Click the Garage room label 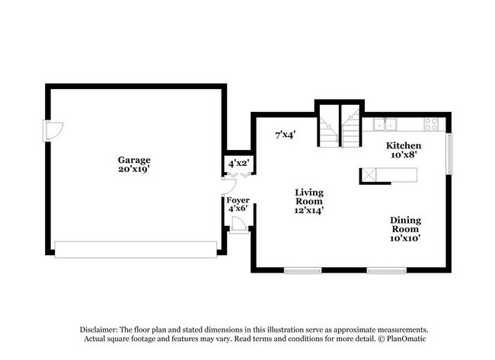click(133, 160)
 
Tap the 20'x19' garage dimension click(133, 170)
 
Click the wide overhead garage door click(136, 249)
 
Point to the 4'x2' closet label click(238, 163)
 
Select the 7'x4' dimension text click(286, 135)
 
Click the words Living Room click(310, 196)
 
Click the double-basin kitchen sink click(385, 125)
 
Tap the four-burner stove click(431, 125)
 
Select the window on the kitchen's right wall click(449, 153)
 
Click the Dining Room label click(406, 224)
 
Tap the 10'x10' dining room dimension click(406, 237)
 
